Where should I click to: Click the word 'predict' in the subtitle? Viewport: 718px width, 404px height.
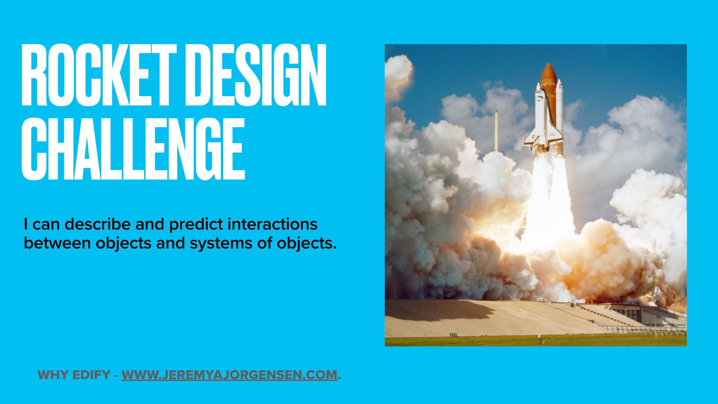coord(196,224)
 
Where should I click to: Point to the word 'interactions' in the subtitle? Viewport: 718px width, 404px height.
coord(273,224)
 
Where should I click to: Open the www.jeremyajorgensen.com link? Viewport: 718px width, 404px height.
coord(229,375)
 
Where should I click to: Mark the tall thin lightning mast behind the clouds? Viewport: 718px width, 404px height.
coord(496,131)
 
